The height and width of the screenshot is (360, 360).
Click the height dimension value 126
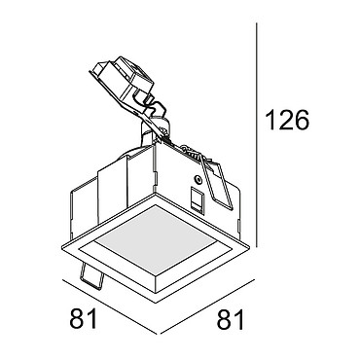pos(287,120)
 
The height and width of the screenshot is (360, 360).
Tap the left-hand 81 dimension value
pos(84,319)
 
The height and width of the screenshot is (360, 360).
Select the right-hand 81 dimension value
pos(231,319)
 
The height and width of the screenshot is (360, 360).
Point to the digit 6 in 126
pos(302,120)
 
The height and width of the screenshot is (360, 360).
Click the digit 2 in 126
pos(286,120)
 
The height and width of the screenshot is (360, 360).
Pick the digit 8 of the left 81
pos(77,319)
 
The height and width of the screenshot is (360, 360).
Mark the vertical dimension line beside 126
pos(257,134)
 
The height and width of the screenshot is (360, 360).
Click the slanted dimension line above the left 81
pos(110,306)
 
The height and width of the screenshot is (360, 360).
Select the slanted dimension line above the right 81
pos(208,306)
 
